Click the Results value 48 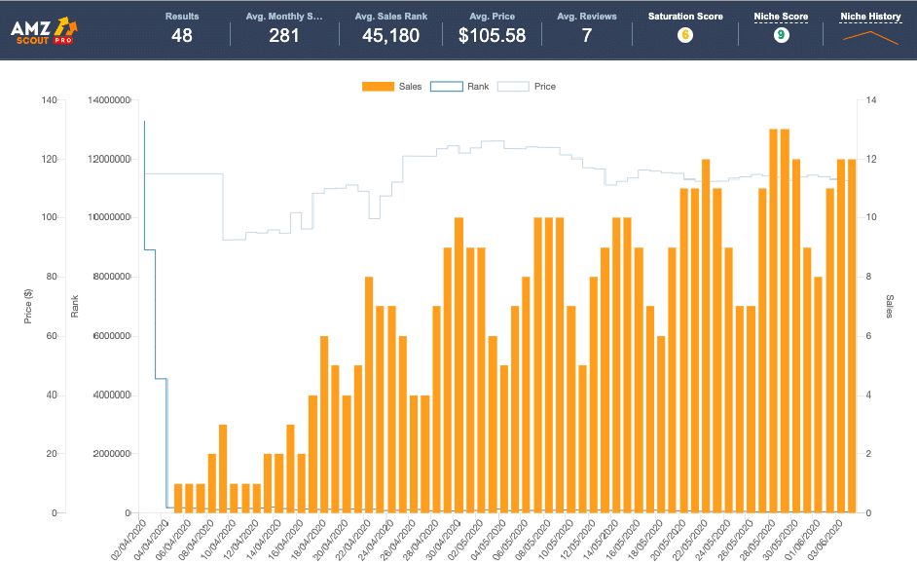coord(182,36)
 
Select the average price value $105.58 coord(492,36)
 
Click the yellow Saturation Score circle coord(685,35)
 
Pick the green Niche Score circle coord(781,35)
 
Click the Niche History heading coord(870,17)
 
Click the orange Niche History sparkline coord(870,37)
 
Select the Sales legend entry coord(391,87)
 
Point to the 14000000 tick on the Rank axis coord(109,99)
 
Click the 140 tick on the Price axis coord(50,99)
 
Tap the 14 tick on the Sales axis coord(871,99)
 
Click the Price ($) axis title coord(28,306)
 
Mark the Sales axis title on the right coord(890,306)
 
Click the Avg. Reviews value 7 coord(586,36)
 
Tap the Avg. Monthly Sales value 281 coord(284,36)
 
